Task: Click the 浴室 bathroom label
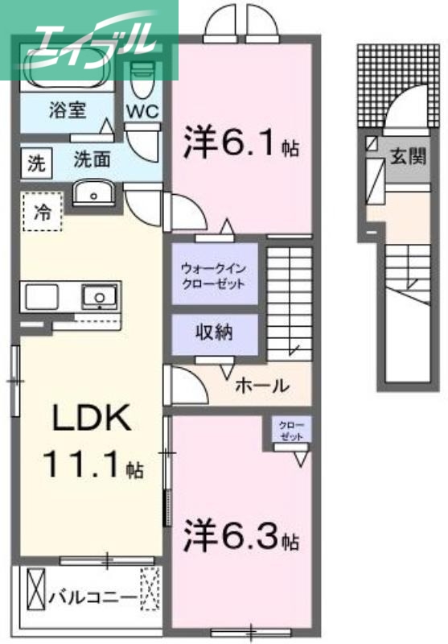pyautogui.click(x=67, y=110)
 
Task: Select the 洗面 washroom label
pyautogui.click(x=92, y=159)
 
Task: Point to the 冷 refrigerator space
pyautogui.click(x=40, y=213)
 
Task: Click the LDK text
pyautogui.click(x=89, y=418)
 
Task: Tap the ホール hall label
pyautogui.click(x=261, y=386)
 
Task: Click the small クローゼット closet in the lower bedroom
pyautogui.click(x=290, y=431)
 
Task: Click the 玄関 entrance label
pyautogui.click(x=409, y=155)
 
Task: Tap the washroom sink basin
pyautogui.click(x=95, y=194)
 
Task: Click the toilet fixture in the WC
pyautogui.click(x=143, y=80)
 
